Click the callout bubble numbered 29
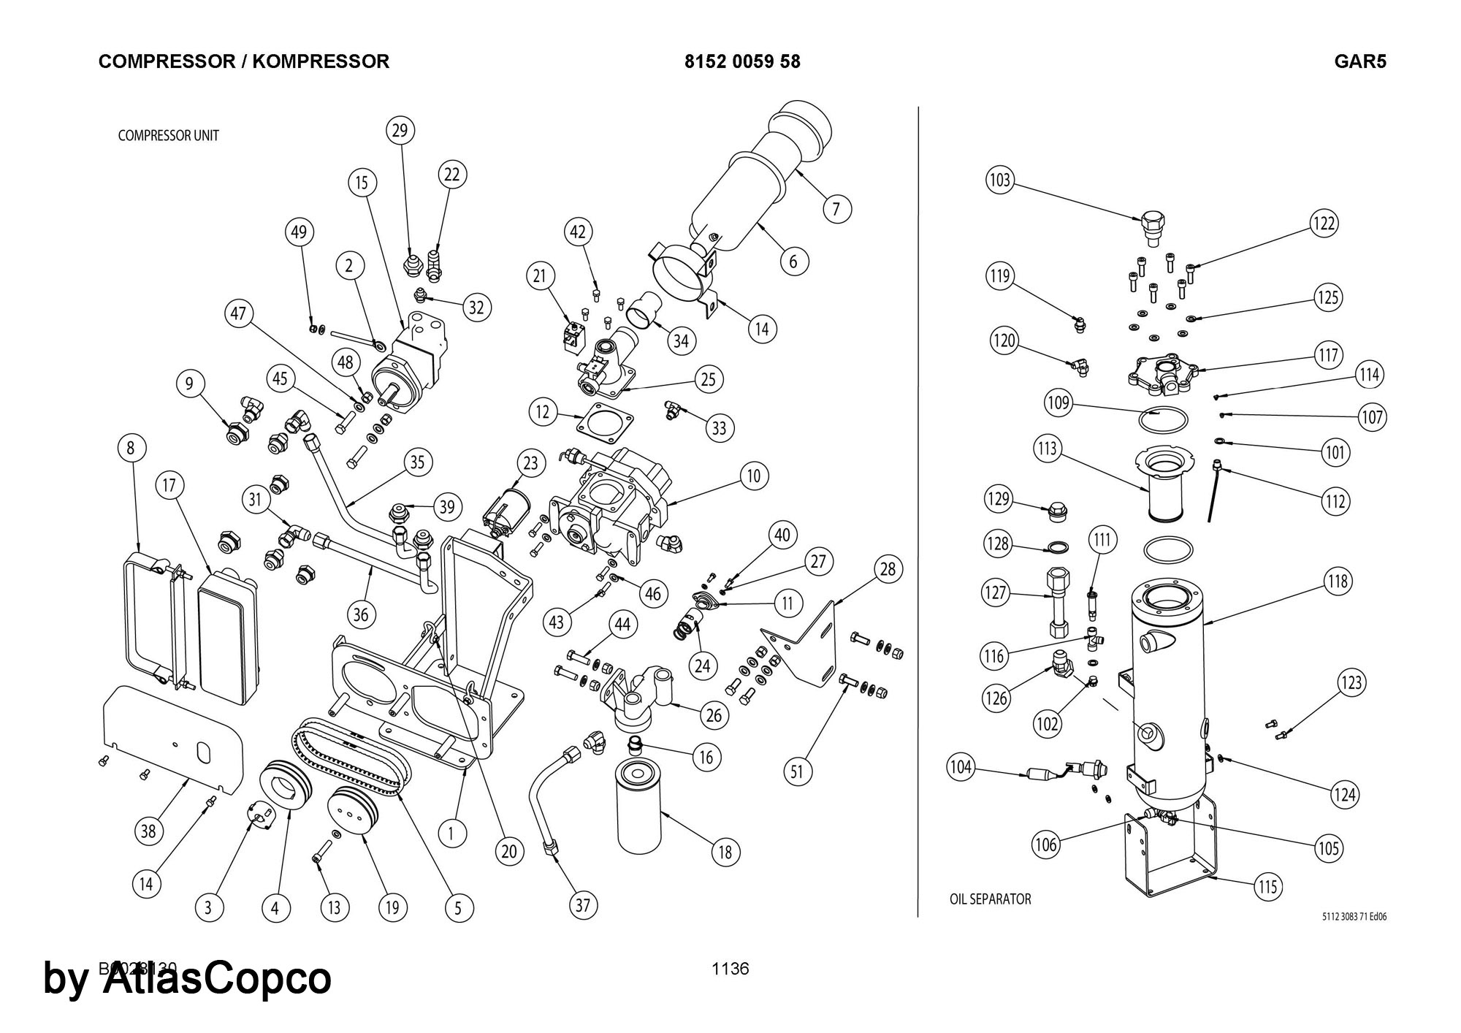(x=400, y=131)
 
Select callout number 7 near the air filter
(x=836, y=210)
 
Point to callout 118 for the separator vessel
(x=1338, y=582)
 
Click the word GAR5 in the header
(x=1359, y=61)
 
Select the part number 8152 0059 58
(x=742, y=61)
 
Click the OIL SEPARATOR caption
(x=990, y=899)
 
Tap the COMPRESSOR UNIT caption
(x=168, y=136)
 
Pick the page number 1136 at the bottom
(x=730, y=969)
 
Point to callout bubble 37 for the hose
(x=582, y=906)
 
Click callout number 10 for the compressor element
(x=754, y=476)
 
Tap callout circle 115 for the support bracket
(x=1267, y=886)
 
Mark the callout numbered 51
(x=797, y=771)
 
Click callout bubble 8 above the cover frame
(x=131, y=448)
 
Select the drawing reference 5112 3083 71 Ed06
(x=1354, y=917)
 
